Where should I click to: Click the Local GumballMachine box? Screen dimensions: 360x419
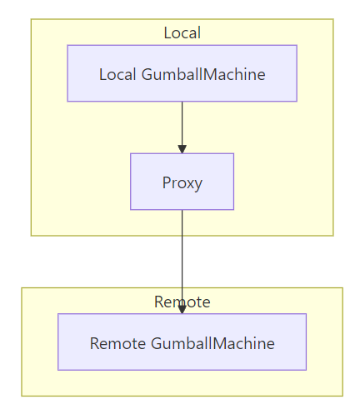[182, 73]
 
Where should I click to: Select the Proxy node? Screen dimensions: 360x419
[182, 182]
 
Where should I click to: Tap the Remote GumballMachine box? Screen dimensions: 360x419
[182, 342]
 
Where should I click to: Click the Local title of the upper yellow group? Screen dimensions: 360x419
[182, 32]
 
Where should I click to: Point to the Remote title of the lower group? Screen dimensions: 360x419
[182, 302]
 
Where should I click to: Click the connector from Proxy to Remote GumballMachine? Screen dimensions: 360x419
[182, 262]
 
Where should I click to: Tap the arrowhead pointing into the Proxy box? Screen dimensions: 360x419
[182, 149]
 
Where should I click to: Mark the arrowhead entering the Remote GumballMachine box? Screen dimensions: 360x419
[182, 310]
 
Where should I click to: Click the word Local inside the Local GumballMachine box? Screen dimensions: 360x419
[117, 74]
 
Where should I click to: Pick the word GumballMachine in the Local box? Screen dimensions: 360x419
[203, 74]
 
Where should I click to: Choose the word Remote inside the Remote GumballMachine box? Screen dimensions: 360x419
[117, 343]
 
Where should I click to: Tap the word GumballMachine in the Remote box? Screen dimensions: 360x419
[212, 343]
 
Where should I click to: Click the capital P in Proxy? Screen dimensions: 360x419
[167, 182]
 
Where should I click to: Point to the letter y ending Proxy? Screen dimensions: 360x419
[198, 185]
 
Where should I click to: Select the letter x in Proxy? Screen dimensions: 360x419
[189, 184]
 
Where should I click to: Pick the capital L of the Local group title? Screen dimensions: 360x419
[167, 32]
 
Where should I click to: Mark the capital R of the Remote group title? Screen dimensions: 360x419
[159, 302]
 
